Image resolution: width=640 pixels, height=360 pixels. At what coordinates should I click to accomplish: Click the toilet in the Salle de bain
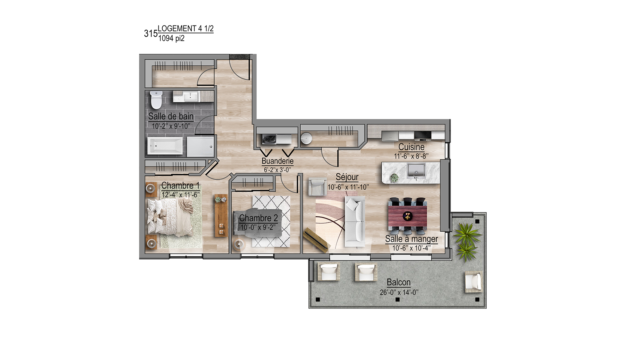point(156,100)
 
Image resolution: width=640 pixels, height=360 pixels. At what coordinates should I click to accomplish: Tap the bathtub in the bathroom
point(165,145)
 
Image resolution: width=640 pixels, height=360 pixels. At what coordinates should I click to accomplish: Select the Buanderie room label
point(278,161)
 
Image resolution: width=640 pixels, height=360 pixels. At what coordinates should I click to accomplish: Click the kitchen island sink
point(416,171)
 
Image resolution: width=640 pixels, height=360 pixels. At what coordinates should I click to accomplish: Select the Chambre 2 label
point(258,218)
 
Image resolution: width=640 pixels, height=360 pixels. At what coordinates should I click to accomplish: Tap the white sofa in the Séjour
point(355,221)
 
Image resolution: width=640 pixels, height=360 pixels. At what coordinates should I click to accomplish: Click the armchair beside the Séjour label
point(317,187)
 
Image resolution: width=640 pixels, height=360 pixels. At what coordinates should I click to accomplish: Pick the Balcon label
point(398,282)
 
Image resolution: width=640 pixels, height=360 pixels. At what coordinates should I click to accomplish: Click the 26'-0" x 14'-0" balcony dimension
point(399,292)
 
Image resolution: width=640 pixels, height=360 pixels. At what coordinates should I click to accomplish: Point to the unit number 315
point(151,34)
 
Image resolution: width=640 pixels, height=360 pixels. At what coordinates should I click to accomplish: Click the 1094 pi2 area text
point(171,38)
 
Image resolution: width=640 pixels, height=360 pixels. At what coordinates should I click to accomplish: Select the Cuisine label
point(411,147)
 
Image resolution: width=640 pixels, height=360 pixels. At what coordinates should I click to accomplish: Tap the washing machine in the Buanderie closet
point(269,139)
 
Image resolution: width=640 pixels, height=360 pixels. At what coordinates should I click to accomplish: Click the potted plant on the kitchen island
point(394,178)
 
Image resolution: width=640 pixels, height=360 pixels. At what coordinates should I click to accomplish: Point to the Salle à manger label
point(411,239)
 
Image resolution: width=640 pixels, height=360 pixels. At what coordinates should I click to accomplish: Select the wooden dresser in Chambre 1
point(221,216)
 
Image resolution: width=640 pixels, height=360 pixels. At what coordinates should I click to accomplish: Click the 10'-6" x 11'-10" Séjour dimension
point(348,187)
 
